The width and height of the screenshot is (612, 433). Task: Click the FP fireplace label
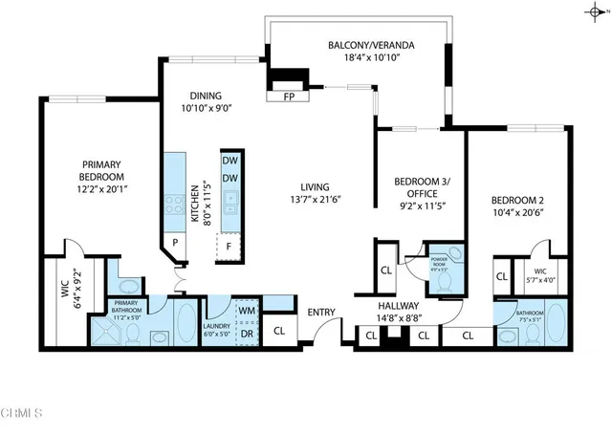(x=289, y=97)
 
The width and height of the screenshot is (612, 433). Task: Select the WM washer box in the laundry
(x=246, y=310)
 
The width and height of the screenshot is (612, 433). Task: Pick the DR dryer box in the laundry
(x=246, y=333)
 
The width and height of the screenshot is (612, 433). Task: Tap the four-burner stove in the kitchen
(x=176, y=203)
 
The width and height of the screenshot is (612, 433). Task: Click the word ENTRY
(x=320, y=312)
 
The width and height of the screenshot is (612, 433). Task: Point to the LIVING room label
(x=315, y=186)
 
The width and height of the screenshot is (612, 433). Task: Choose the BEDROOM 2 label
(x=517, y=200)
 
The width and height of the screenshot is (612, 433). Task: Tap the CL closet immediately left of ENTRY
(x=279, y=332)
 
